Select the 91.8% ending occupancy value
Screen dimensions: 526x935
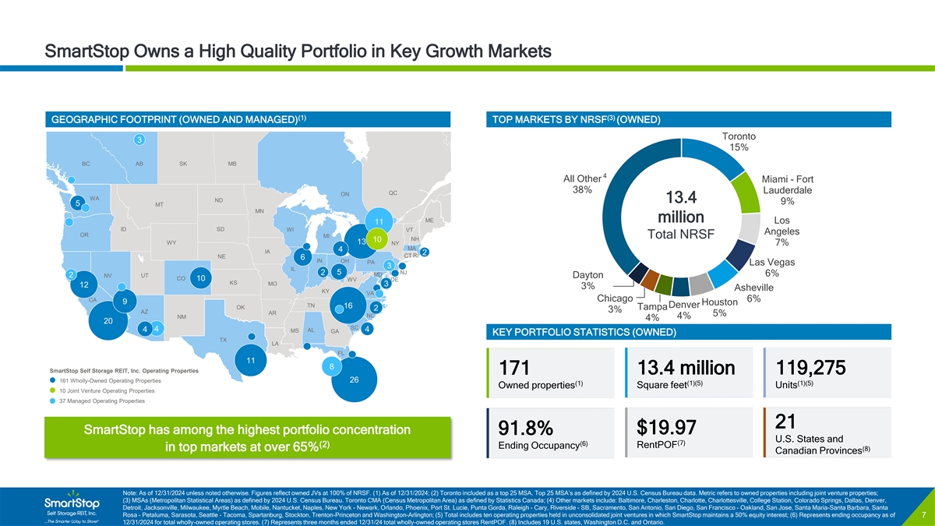tap(526, 429)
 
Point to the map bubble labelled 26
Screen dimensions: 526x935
tap(355, 380)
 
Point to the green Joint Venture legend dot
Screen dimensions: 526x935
tap(52, 390)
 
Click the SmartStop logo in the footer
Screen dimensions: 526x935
tap(70, 503)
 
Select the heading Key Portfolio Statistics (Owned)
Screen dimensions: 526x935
tap(580, 355)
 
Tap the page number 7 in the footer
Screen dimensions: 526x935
tap(923, 515)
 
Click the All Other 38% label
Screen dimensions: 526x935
tap(582, 183)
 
